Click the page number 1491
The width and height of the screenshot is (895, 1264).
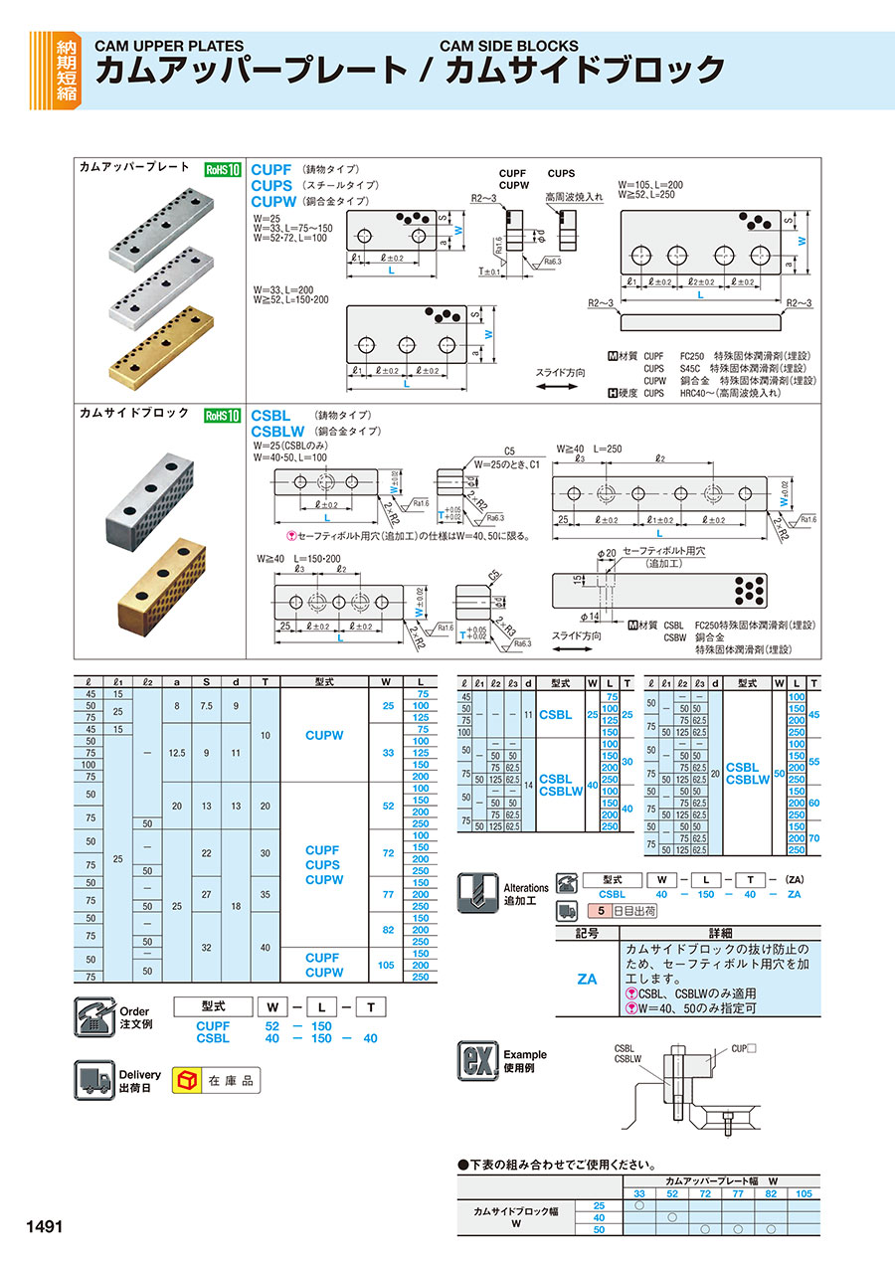pyautogui.click(x=41, y=1226)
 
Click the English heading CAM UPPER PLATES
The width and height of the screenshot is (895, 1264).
pyautogui.click(x=168, y=46)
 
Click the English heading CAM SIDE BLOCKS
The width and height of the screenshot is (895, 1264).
pyautogui.click(x=508, y=46)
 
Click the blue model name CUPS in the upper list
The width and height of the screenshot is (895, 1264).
pyautogui.click(x=271, y=185)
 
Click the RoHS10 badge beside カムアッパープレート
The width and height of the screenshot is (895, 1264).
pyautogui.click(x=223, y=170)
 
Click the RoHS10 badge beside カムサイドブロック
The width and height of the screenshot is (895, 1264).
pyautogui.click(x=223, y=416)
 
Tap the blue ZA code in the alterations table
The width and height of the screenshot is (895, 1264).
pyautogui.click(x=587, y=979)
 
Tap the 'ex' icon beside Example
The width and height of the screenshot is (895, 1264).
pyautogui.click(x=475, y=1060)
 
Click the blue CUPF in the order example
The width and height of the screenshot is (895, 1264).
pyautogui.click(x=213, y=1025)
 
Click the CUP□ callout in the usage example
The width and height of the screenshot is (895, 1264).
pyautogui.click(x=744, y=1048)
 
